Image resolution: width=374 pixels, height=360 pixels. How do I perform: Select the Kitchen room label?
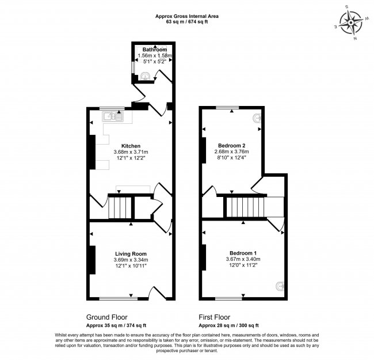click(x=131, y=146)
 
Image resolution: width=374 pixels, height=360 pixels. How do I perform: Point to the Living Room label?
click(x=131, y=253)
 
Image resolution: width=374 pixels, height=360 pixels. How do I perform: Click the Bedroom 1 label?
click(x=243, y=253)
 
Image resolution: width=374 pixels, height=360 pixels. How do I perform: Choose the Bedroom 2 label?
click(x=232, y=145)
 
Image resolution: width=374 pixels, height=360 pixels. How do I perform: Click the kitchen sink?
click(x=113, y=117)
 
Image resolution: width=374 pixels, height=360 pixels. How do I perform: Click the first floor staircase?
click(x=245, y=206)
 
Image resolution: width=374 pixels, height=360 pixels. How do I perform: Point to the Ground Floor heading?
click(x=107, y=317)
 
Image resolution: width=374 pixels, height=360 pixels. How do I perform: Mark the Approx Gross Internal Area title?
click(x=188, y=16)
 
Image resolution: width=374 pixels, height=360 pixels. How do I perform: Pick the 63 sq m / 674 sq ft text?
click(x=188, y=22)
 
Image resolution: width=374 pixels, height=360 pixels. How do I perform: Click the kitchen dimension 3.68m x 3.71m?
click(x=131, y=152)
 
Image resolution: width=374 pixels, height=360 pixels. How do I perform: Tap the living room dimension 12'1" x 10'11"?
click(x=131, y=266)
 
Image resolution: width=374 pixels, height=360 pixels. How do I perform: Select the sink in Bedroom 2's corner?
click(x=257, y=118)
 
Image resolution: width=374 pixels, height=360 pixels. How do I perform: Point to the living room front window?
click(x=117, y=298)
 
